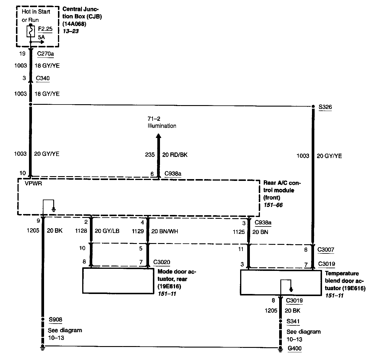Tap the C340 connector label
click(x=43, y=78)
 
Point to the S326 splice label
click(x=325, y=107)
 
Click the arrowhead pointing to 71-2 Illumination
click(x=158, y=136)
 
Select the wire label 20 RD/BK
click(x=175, y=155)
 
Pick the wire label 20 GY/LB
click(x=107, y=231)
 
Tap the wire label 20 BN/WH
click(x=165, y=231)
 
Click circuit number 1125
click(x=239, y=232)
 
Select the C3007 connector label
click(x=326, y=250)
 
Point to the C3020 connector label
click(x=161, y=262)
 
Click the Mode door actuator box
click(x=118, y=280)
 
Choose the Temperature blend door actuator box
click(x=280, y=282)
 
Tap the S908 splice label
click(x=55, y=319)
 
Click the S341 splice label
click(x=293, y=321)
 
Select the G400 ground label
click(x=295, y=348)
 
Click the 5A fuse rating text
click(x=41, y=38)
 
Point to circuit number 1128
click(x=81, y=231)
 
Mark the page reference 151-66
click(x=273, y=205)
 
